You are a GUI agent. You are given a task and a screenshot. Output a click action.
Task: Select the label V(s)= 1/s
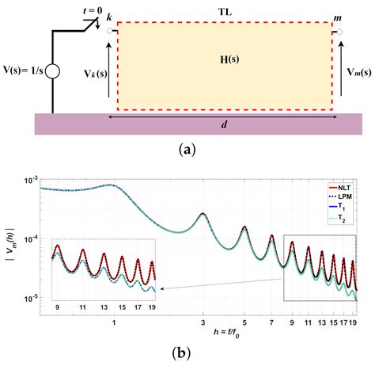coord(23,73)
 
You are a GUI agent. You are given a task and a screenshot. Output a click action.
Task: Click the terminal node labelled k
coord(105,32)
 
